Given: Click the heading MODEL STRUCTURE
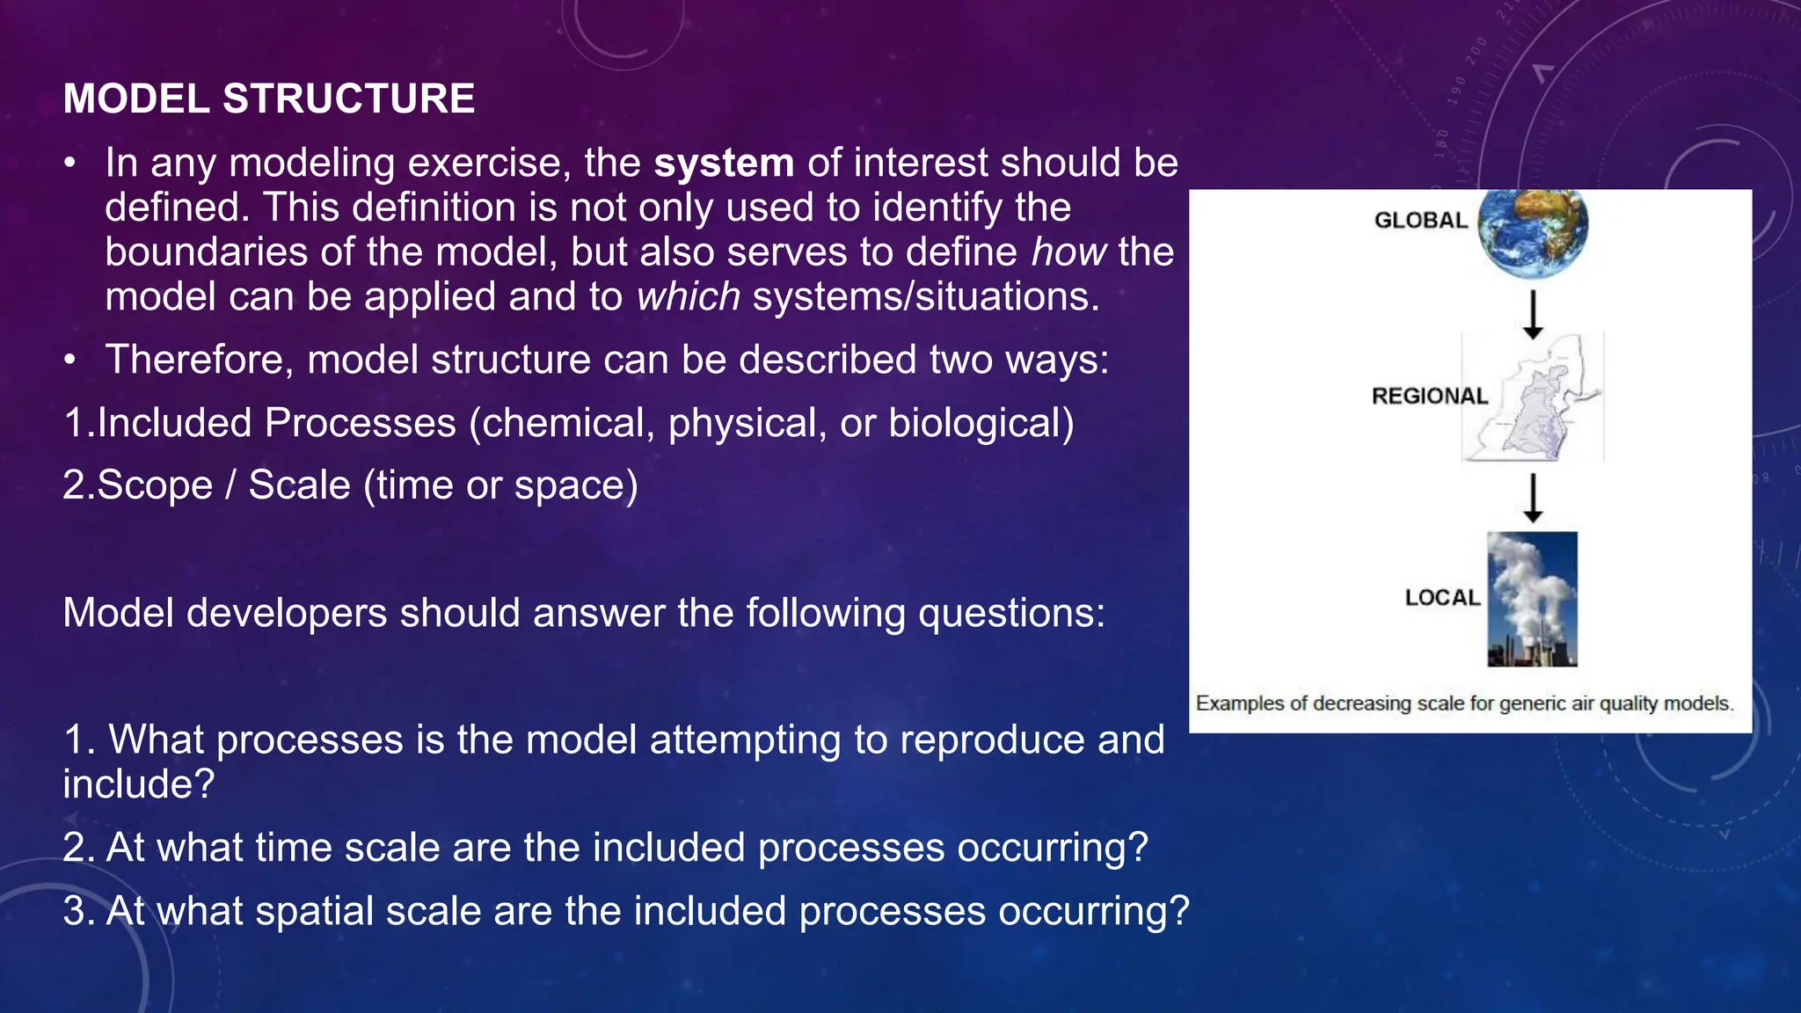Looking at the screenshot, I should click(x=269, y=98).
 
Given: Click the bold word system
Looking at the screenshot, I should click(x=724, y=164).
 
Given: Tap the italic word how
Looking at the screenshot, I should click(x=1068, y=252).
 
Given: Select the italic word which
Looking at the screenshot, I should click(x=689, y=297).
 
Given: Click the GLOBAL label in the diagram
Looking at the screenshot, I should click(x=1420, y=220).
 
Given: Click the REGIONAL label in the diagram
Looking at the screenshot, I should click(x=1429, y=396).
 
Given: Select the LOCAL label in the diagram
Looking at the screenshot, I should click(x=1442, y=597).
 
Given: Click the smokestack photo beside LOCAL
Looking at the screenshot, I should click(x=1532, y=599).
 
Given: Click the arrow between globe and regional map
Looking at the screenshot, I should click(x=1533, y=315).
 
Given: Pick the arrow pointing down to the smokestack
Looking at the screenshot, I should click(x=1533, y=498).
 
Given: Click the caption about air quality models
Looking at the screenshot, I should click(x=1464, y=703).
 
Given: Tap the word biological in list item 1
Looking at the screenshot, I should click(x=981, y=423).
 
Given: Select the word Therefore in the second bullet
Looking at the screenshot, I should click(x=199, y=360).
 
